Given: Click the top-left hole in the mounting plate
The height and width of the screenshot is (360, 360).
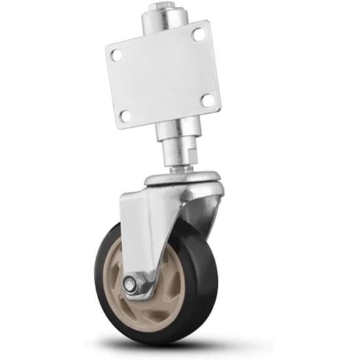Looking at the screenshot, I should pyautogui.click(x=117, y=55).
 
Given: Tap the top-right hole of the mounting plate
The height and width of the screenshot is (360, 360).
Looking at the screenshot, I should pyautogui.click(x=198, y=34).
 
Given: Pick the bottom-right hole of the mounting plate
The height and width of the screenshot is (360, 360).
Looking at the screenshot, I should pyautogui.click(x=207, y=99).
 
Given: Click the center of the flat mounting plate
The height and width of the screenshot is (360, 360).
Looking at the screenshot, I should pyautogui.click(x=163, y=75).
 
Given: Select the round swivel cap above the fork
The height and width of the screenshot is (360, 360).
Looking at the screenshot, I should pyautogui.click(x=183, y=178).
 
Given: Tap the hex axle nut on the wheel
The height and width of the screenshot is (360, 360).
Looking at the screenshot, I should pyautogui.click(x=130, y=284).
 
